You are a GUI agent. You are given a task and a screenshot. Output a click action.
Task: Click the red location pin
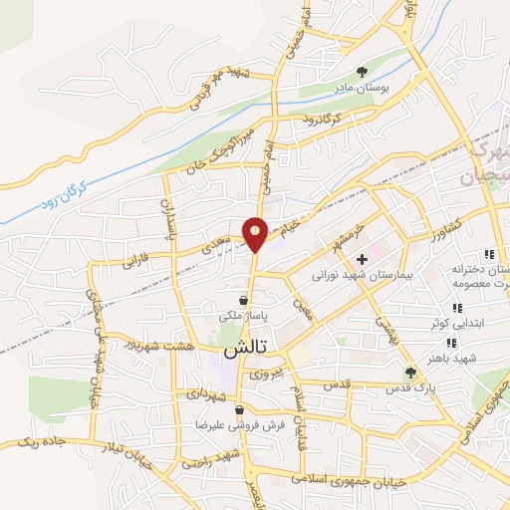[256, 233]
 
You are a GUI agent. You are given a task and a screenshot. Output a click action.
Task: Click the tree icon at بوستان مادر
[362, 72]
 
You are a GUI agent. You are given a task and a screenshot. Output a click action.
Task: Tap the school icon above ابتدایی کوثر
[457, 309]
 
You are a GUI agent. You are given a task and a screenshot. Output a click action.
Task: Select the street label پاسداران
[166, 220]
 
